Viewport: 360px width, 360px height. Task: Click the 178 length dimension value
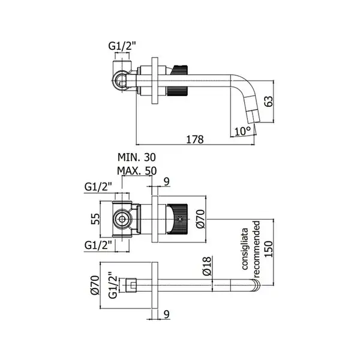pyautogui.click(x=194, y=139)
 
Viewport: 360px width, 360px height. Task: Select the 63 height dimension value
pyautogui.click(x=269, y=101)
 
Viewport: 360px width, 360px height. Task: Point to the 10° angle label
pyautogui.click(x=242, y=131)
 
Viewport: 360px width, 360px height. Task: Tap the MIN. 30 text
pyautogui.click(x=137, y=157)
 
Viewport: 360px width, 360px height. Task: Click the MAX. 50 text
pyautogui.click(x=137, y=171)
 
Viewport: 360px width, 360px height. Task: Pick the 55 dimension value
pyautogui.click(x=95, y=219)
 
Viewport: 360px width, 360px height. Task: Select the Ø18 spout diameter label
pyautogui.click(x=207, y=266)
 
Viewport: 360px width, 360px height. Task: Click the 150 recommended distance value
pyautogui.click(x=269, y=249)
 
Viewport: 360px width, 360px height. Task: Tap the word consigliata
pyautogui.click(x=245, y=248)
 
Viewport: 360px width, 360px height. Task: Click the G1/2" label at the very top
pyautogui.click(x=122, y=46)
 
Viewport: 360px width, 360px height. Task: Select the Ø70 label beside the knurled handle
pyautogui.click(x=200, y=219)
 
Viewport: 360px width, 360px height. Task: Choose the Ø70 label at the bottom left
pyautogui.click(x=95, y=285)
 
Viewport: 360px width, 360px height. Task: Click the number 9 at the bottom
pyautogui.click(x=167, y=314)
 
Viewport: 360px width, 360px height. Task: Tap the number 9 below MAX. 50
pyautogui.click(x=167, y=181)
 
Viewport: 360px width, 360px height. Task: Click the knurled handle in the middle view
pyautogui.click(x=178, y=219)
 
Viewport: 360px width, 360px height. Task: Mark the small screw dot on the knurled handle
pyautogui.click(x=180, y=219)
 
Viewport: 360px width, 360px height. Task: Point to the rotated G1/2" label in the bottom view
pyautogui.click(x=113, y=285)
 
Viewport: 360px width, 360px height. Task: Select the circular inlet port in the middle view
pyautogui.click(x=122, y=219)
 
